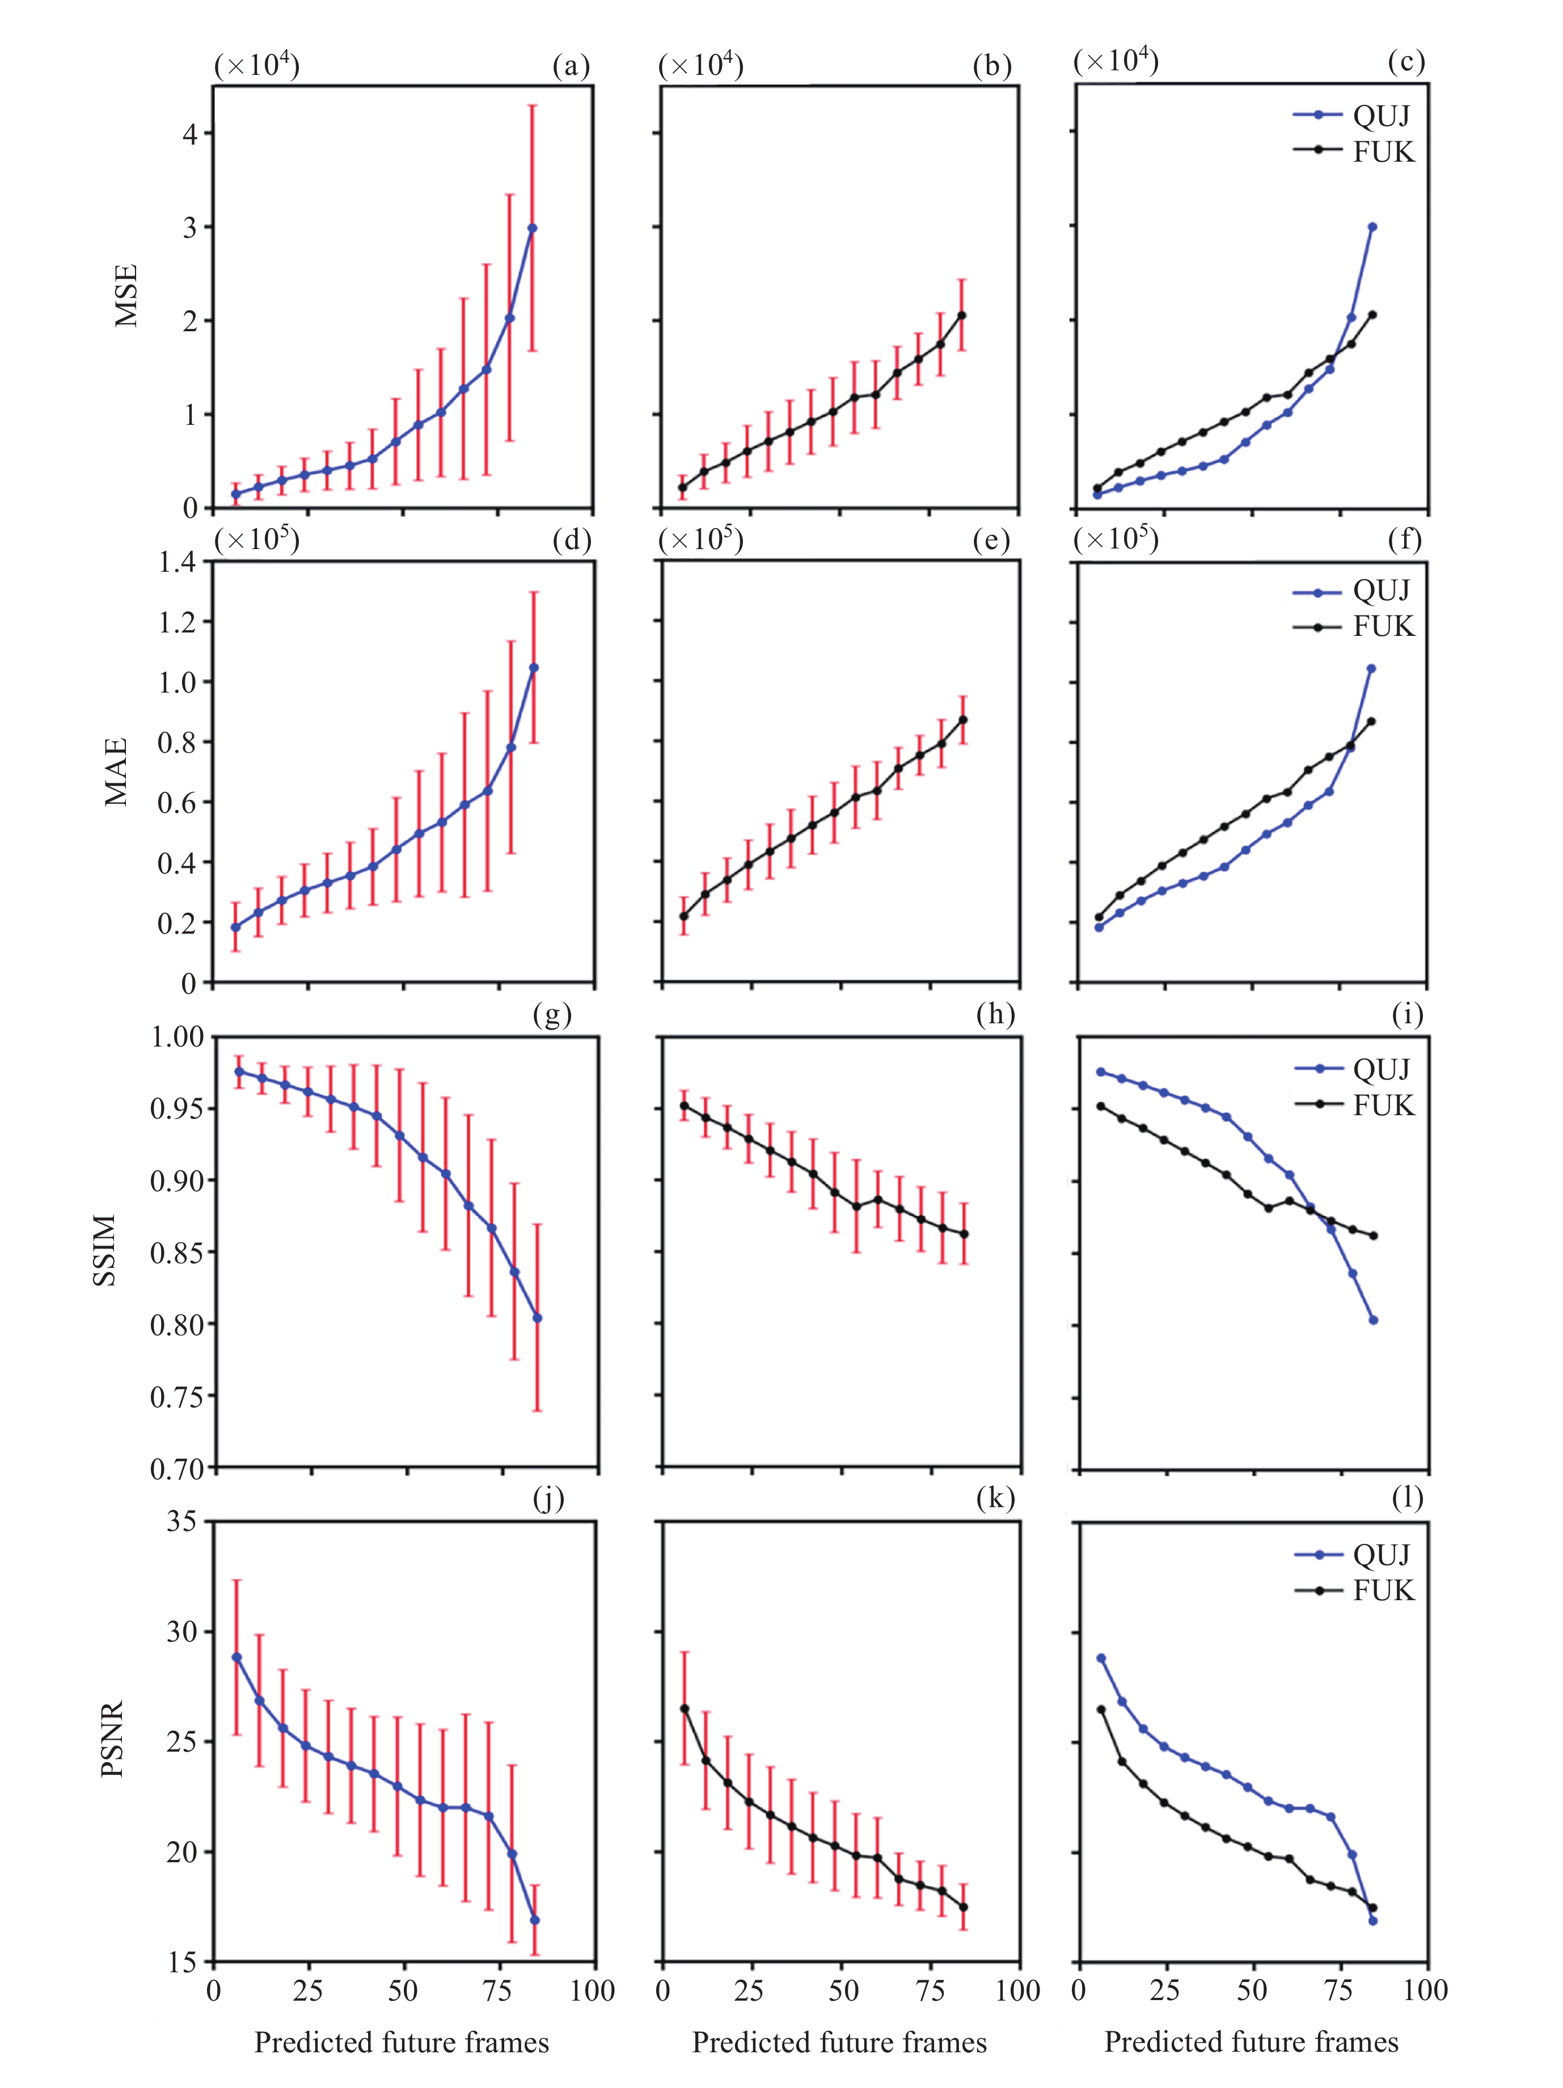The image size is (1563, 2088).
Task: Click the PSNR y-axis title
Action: click(x=112, y=1739)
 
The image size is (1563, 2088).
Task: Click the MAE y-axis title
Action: click(x=116, y=772)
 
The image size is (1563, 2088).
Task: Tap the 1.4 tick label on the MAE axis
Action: click(x=178, y=563)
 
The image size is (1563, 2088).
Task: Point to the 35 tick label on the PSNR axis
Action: click(x=181, y=1522)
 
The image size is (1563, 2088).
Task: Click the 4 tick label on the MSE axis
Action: click(x=191, y=133)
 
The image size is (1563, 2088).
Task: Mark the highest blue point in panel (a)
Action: click(x=533, y=227)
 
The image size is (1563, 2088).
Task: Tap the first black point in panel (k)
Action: click(x=685, y=1709)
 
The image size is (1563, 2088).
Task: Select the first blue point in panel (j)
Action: click(x=236, y=1657)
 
